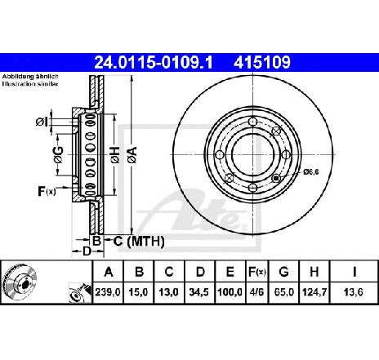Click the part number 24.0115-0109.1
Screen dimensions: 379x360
click(154, 62)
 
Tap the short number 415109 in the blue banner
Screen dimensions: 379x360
click(262, 62)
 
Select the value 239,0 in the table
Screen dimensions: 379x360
click(108, 292)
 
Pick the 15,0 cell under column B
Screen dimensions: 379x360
click(138, 292)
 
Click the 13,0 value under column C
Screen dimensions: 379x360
click(169, 292)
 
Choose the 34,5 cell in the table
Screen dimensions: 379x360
click(199, 292)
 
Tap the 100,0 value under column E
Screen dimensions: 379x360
click(230, 292)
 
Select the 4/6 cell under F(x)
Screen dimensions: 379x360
click(256, 292)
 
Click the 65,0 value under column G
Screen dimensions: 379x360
click(283, 292)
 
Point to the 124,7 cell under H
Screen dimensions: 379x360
click(314, 292)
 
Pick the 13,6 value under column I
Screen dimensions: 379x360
click(354, 292)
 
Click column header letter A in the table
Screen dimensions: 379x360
click(109, 272)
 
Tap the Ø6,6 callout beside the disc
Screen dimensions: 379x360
click(311, 172)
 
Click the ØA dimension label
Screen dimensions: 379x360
click(132, 155)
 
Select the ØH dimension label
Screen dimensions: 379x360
click(115, 155)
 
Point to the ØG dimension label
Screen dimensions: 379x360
click(58, 155)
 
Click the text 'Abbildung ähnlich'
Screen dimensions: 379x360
click(30, 77)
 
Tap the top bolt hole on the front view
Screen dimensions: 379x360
click(253, 122)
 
